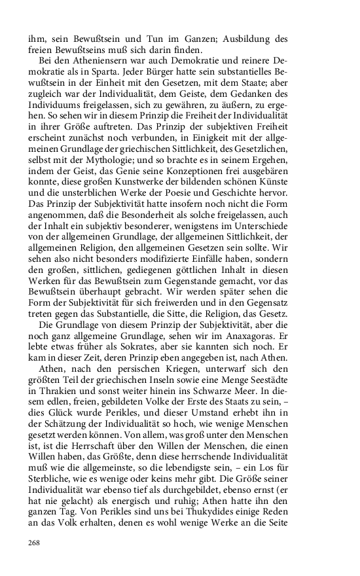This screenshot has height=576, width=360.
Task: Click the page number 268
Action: tap(35, 543)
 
